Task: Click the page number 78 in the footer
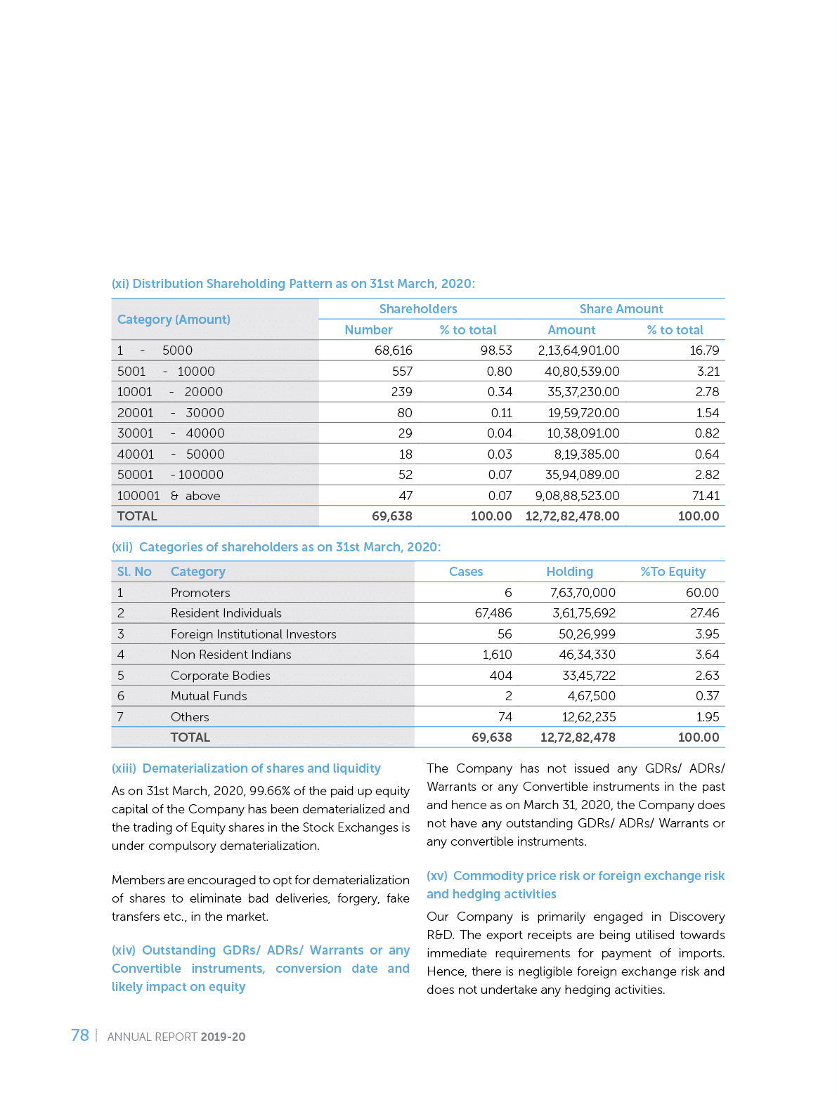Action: click(79, 1035)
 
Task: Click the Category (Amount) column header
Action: click(174, 320)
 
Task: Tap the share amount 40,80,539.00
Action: click(582, 372)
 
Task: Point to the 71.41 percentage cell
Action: click(705, 496)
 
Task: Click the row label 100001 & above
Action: click(169, 496)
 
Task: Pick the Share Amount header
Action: click(621, 309)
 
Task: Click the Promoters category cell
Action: click(200, 593)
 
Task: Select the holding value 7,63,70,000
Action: click(583, 593)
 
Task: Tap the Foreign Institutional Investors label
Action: click(253, 634)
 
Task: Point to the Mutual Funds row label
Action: click(209, 696)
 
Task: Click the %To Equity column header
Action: click(673, 572)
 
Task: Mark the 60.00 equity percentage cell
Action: click(702, 593)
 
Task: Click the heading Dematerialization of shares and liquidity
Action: click(261, 768)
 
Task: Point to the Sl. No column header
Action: click(134, 572)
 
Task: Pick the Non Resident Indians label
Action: click(231, 655)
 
